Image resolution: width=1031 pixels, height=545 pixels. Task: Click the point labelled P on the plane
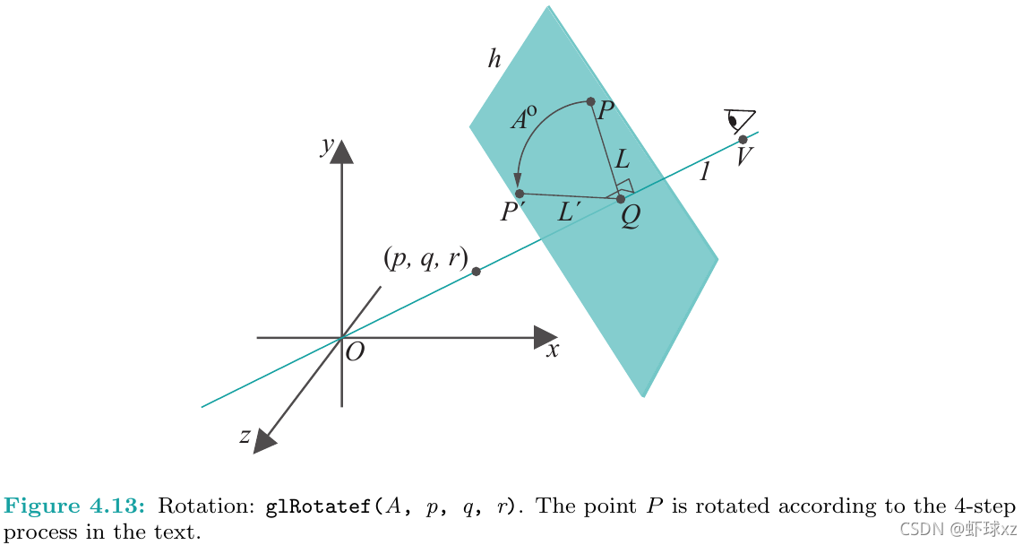[x=590, y=102]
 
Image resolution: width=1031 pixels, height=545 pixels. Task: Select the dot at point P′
[x=520, y=194]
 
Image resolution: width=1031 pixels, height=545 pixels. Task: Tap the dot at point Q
[x=621, y=198]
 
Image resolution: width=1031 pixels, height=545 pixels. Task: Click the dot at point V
[x=743, y=139]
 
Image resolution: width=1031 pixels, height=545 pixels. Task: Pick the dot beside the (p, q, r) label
[x=476, y=272]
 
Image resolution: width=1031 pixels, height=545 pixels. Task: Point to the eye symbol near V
[x=740, y=120]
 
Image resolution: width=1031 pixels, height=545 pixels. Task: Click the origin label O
[x=355, y=352]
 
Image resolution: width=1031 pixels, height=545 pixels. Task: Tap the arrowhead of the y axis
[x=341, y=152]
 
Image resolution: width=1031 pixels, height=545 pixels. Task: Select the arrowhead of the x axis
[x=546, y=337]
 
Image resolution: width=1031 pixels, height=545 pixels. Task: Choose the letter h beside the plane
[x=494, y=60]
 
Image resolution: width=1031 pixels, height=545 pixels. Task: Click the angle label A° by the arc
[x=524, y=120]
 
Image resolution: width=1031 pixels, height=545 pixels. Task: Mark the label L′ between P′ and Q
[x=570, y=213]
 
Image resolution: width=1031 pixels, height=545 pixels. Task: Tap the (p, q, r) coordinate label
[x=425, y=259]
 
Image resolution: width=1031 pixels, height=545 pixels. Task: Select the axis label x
[x=553, y=350]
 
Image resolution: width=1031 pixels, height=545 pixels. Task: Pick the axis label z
[x=244, y=436]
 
